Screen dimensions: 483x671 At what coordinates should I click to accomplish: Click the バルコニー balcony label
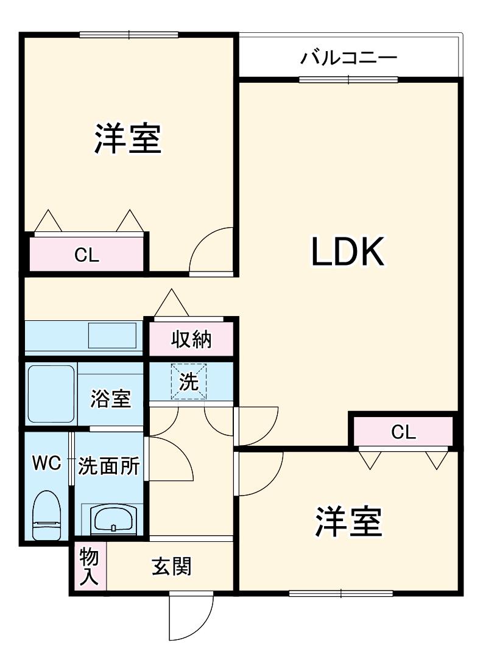(348, 57)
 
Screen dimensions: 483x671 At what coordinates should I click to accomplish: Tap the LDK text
(347, 251)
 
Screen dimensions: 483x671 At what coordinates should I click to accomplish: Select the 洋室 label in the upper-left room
(128, 138)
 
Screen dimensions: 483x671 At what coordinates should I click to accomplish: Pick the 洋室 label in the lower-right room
(348, 522)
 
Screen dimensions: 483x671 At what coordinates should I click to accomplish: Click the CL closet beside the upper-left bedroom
(86, 254)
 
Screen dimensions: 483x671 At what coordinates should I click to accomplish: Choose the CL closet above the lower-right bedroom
(403, 432)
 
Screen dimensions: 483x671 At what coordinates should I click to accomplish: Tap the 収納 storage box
(191, 339)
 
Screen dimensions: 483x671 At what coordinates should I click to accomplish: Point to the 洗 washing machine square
(189, 381)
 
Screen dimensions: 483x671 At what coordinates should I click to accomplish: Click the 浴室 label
(110, 398)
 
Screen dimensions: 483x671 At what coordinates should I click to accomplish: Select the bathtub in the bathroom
(51, 394)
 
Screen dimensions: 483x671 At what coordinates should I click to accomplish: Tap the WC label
(47, 463)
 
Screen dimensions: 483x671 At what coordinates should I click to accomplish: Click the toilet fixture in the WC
(47, 515)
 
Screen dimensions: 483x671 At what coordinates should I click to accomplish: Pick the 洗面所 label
(109, 466)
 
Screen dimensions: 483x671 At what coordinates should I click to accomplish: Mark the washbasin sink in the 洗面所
(113, 519)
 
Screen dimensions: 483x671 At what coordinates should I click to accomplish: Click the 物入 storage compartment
(89, 566)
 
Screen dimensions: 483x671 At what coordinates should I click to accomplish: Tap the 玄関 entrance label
(171, 567)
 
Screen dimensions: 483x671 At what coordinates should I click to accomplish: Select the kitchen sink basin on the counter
(112, 335)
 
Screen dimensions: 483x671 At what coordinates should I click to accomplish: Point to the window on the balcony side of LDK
(348, 80)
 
